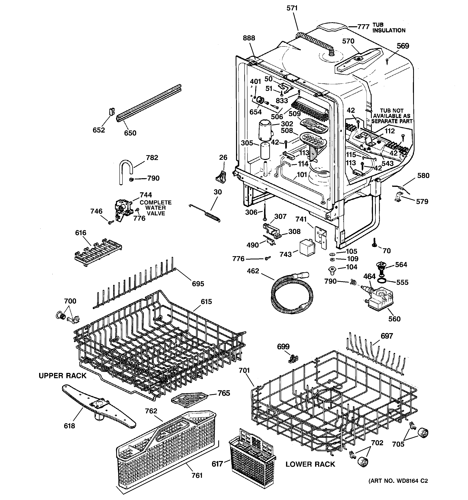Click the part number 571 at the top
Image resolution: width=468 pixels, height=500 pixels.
[x=292, y=8]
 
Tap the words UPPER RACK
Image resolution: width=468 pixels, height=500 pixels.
[x=63, y=376]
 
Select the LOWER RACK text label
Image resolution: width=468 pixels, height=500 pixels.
[x=310, y=464]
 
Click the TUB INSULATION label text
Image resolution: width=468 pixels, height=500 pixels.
[x=389, y=28]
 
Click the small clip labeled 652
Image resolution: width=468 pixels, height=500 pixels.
[x=112, y=112]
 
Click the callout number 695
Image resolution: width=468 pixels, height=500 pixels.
[x=198, y=284]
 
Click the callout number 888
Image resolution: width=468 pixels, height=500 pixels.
[x=249, y=38]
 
